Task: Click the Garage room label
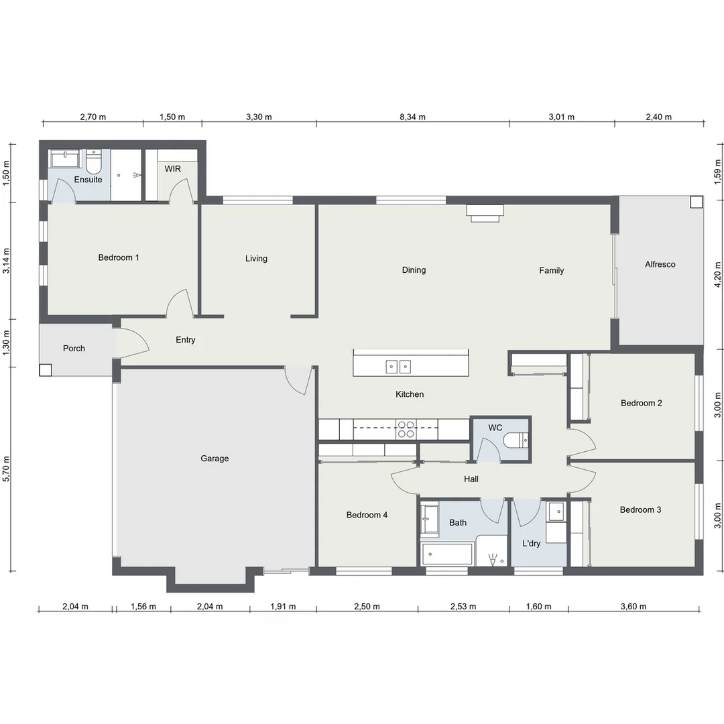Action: click(x=215, y=459)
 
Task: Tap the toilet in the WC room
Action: click(x=516, y=440)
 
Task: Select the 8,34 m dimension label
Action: click(x=412, y=117)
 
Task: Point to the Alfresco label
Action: click(x=660, y=265)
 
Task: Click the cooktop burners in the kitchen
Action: click(x=406, y=429)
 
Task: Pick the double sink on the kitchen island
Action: click(x=398, y=367)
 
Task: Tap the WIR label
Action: click(x=173, y=169)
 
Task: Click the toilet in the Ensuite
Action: click(x=94, y=160)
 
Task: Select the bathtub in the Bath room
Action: click(x=446, y=554)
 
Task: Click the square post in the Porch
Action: click(x=46, y=370)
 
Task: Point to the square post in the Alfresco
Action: click(x=697, y=202)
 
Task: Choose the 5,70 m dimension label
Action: click(x=6, y=469)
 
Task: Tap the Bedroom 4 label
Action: click(x=367, y=515)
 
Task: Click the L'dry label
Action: click(x=531, y=544)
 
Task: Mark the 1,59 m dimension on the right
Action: click(x=717, y=172)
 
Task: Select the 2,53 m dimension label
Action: click(x=463, y=606)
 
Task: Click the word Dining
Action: click(x=414, y=270)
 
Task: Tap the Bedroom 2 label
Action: click(x=642, y=403)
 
